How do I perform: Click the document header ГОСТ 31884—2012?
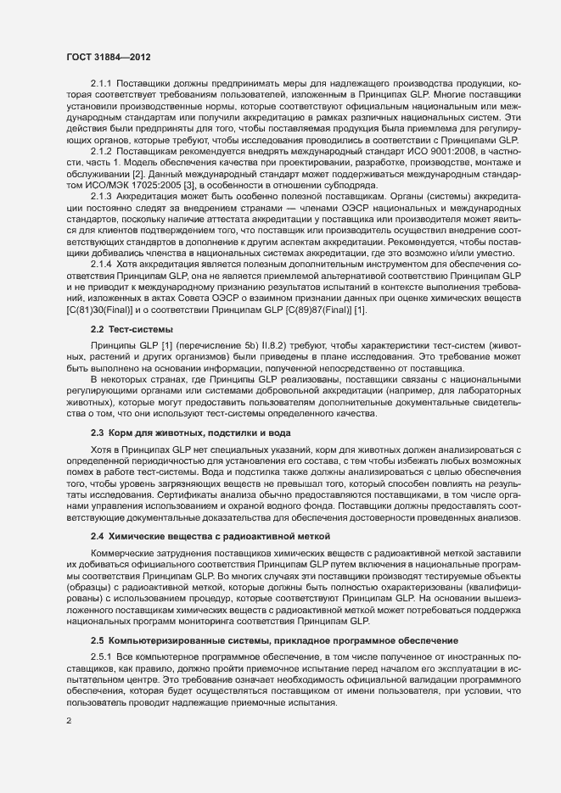[109, 56]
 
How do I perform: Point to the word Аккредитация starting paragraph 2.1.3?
[149, 195]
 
